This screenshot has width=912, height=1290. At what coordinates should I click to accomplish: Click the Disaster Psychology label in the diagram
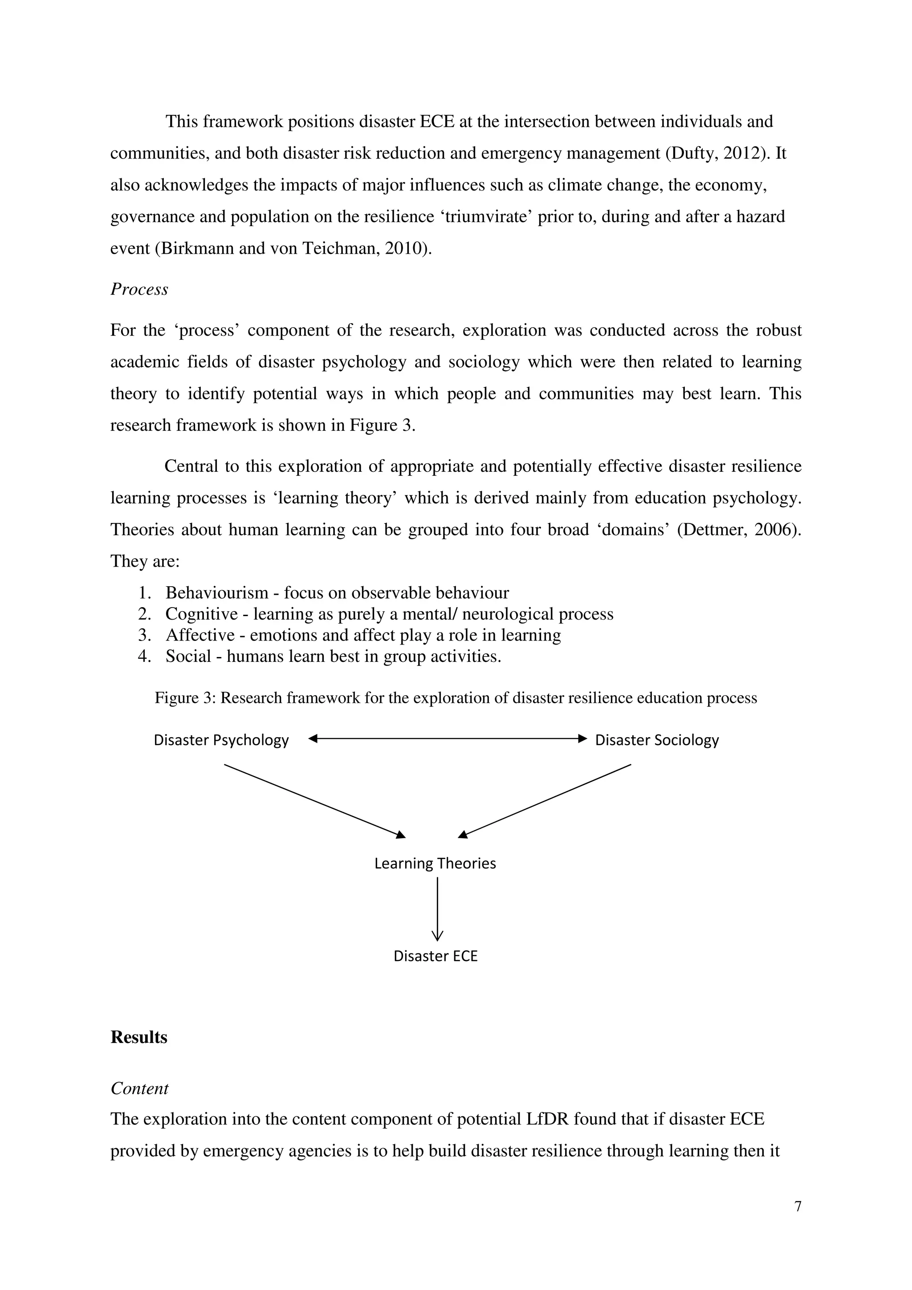click(221, 740)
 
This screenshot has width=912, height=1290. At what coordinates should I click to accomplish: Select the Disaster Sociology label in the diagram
click(657, 740)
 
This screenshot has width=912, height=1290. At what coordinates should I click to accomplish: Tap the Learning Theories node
click(435, 863)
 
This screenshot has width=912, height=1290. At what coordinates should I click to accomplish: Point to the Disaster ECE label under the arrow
click(436, 956)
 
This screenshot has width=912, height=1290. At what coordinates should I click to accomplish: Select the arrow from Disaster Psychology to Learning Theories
click(315, 801)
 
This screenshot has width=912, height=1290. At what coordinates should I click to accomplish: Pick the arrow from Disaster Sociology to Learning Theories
click(545, 801)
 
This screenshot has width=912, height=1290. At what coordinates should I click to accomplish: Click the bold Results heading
click(139, 1037)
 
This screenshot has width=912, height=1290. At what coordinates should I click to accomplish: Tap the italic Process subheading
click(139, 289)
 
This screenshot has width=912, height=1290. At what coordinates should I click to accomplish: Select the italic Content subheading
click(139, 1088)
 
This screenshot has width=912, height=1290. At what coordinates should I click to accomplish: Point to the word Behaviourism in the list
click(217, 593)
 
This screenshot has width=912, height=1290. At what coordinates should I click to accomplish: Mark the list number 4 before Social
click(144, 656)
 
